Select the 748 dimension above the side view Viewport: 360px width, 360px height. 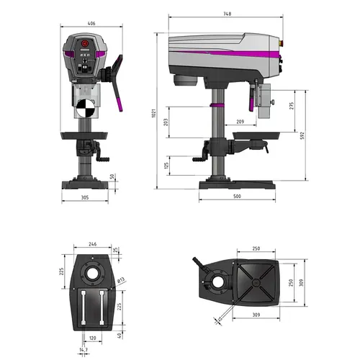(x=228, y=14)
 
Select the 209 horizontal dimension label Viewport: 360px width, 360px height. (x=239, y=122)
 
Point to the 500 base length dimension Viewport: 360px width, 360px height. (x=237, y=196)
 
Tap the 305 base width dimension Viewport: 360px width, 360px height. (x=84, y=197)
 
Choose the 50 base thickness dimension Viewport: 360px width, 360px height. (x=112, y=176)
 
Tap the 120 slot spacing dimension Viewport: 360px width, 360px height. (x=91, y=336)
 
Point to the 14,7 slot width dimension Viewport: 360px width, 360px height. (x=85, y=349)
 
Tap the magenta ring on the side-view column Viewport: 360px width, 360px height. (x=214, y=105)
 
